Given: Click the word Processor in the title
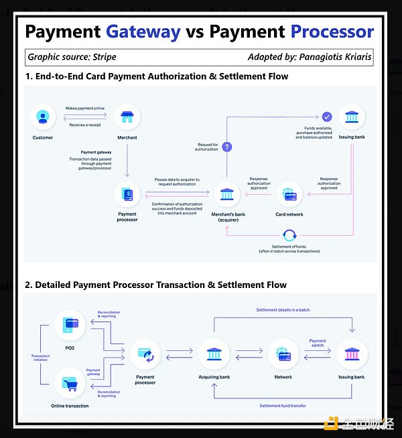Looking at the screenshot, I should point(332,31).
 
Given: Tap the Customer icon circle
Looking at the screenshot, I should point(42,118).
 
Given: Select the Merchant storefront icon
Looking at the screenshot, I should point(127,118).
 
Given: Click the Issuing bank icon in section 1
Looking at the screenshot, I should point(351,119).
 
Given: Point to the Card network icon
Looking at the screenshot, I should point(289,196).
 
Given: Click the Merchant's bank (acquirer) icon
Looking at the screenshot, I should point(226,196).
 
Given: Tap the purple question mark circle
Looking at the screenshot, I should point(226,146).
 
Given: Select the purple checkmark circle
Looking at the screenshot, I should point(327,117).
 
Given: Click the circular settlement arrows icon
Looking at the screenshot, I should point(289,236).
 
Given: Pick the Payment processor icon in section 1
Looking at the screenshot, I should point(127,196).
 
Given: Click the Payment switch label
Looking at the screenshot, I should point(318,343).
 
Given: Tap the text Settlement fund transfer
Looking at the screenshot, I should point(283,406).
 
